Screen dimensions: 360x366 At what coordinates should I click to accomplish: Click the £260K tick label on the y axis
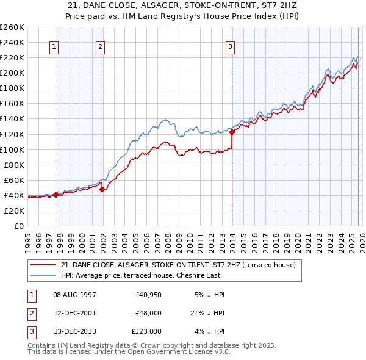click(12, 27)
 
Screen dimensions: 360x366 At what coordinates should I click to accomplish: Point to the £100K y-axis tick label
click(12, 149)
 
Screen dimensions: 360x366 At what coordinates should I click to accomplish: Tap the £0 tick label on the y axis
click(19, 226)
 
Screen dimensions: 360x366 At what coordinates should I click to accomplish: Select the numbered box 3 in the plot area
click(231, 46)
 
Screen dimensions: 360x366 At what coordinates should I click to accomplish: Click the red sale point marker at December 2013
click(232, 131)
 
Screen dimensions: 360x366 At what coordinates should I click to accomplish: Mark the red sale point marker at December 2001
click(102, 189)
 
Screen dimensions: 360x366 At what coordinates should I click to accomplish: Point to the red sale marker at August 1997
click(56, 195)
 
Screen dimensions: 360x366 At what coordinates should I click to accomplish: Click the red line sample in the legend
click(44, 264)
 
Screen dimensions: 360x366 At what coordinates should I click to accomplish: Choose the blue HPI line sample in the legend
click(44, 275)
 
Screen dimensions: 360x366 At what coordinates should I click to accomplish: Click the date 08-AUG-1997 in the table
click(74, 295)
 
